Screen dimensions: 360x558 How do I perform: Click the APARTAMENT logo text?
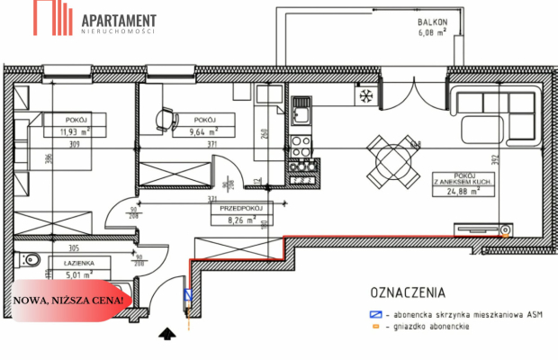pos(118,19)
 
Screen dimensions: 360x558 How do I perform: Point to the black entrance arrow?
pos(166,335)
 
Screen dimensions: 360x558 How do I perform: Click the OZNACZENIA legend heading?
pos(409,292)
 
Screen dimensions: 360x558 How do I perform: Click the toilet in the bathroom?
pos(30,262)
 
